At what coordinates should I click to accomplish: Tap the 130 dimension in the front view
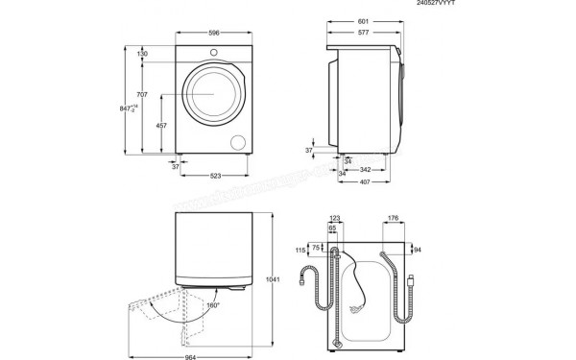(x=143, y=54)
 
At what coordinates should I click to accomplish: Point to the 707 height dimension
(x=143, y=94)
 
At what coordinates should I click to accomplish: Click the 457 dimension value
(x=162, y=126)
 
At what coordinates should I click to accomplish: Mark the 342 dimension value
(x=365, y=169)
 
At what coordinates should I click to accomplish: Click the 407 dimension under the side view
(x=364, y=183)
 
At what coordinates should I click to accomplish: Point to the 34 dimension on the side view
(x=348, y=160)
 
